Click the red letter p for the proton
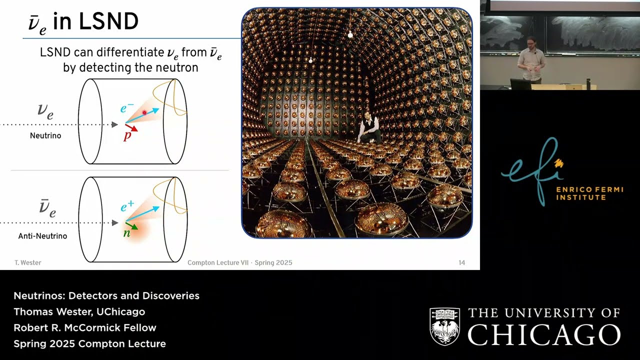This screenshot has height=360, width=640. click(x=127, y=135)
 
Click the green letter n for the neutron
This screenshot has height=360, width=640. click(x=127, y=232)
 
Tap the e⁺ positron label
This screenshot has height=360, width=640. click(x=127, y=206)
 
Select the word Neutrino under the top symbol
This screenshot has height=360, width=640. click(x=45, y=135)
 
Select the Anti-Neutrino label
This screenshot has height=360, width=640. click(x=42, y=236)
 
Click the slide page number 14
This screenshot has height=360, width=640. click(x=461, y=262)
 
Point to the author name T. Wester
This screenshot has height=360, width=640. click(x=27, y=262)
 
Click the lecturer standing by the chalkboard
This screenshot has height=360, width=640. click(x=531, y=60)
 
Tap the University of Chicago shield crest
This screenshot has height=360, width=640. click(x=444, y=326)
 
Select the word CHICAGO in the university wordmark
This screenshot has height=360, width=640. click(x=544, y=334)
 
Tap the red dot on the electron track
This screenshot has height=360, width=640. click(x=144, y=113)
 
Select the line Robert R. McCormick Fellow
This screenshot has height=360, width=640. click(x=85, y=328)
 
